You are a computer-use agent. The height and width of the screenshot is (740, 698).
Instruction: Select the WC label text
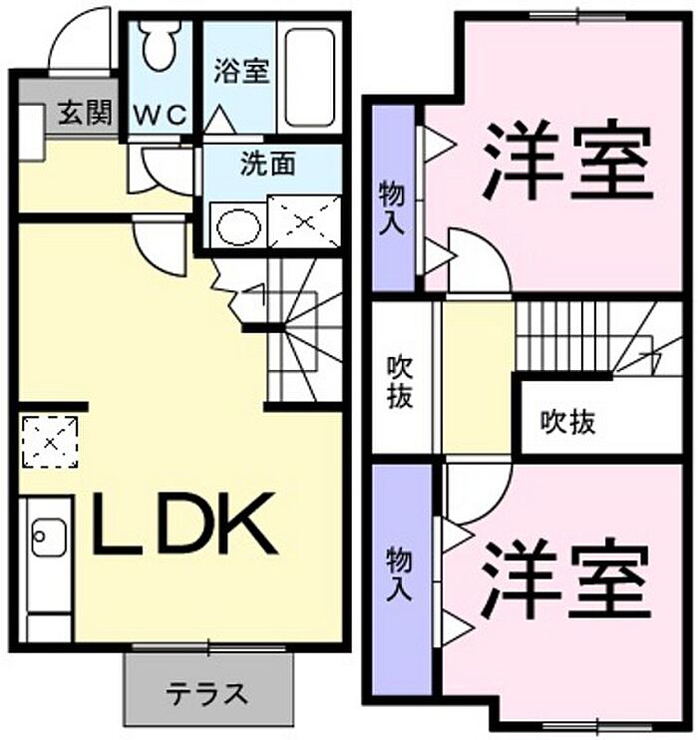pyautogui.click(x=161, y=116)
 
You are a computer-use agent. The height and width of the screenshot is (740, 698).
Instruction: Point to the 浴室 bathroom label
pyautogui.click(x=240, y=72)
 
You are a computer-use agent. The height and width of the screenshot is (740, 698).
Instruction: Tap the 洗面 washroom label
pyautogui.click(x=267, y=164)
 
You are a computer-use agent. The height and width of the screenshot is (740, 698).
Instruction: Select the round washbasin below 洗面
pyautogui.click(x=237, y=225)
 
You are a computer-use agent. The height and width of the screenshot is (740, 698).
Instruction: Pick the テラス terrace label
pyautogui.click(x=208, y=691)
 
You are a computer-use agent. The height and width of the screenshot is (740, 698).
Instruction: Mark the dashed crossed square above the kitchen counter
pyautogui.click(x=49, y=441)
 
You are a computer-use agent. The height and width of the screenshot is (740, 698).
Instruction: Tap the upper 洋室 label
pyautogui.click(x=568, y=160)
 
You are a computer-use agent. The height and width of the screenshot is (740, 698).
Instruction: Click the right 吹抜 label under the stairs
pyautogui.click(x=568, y=423)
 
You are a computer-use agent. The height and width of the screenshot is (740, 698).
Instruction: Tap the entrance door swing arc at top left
pyautogui.click(x=80, y=40)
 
